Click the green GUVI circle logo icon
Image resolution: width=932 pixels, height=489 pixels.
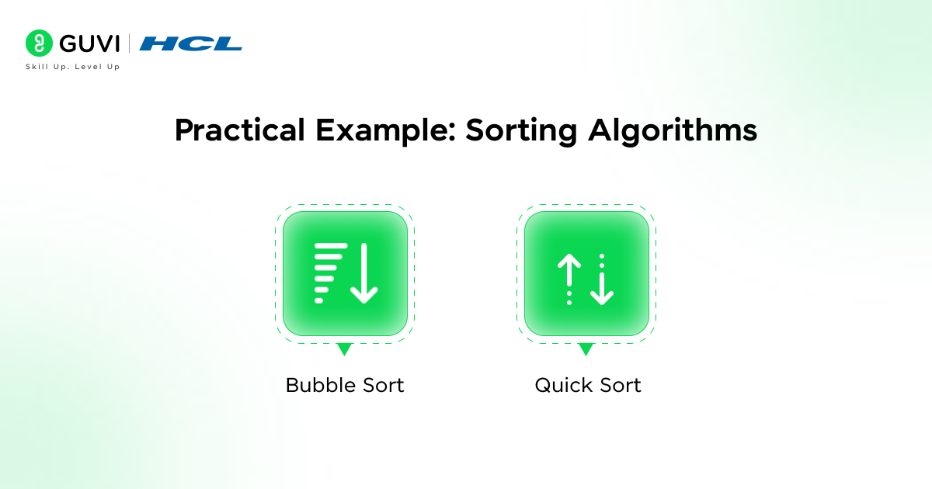(x=39, y=43)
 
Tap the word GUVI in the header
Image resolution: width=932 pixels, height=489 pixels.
(x=89, y=43)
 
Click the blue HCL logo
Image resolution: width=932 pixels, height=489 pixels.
(x=190, y=43)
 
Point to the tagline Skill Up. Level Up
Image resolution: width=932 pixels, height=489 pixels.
(x=73, y=67)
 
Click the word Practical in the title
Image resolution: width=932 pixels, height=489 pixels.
(x=240, y=130)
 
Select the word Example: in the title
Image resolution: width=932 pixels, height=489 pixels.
(x=386, y=131)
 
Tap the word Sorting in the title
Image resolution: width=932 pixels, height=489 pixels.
(x=521, y=131)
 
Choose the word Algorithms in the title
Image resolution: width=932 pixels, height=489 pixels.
(x=673, y=131)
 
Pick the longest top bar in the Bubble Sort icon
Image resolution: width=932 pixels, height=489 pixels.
(x=331, y=246)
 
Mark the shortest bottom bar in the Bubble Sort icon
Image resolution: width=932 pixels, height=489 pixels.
(x=318, y=300)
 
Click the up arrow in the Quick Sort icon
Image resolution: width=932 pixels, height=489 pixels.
(x=569, y=269)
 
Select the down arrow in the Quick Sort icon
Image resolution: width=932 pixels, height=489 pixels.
(x=602, y=289)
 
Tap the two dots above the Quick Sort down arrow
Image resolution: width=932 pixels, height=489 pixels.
(x=602, y=261)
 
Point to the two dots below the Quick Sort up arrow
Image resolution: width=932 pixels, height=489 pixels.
(x=569, y=298)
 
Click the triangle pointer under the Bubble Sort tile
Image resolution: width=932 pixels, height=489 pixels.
(x=345, y=349)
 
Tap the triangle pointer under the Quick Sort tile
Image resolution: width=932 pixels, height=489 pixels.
(x=586, y=349)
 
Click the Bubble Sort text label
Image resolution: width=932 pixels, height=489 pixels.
(x=345, y=385)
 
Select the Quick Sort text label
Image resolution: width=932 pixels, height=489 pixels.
(x=588, y=386)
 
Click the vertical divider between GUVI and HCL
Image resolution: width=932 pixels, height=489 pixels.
(x=130, y=43)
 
